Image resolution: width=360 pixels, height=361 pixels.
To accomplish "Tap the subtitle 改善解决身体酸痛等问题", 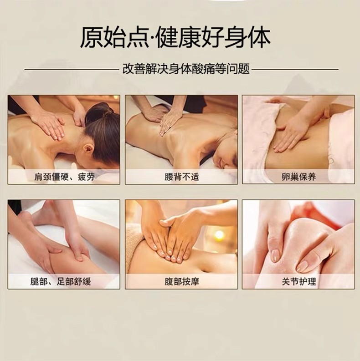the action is pyautogui.click(x=186, y=69).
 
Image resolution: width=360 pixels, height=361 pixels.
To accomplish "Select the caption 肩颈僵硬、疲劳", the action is pyautogui.click(x=64, y=177).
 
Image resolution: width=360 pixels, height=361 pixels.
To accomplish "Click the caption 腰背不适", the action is pyautogui.click(x=182, y=177).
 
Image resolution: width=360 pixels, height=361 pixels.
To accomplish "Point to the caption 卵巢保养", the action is pyautogui.click(x=298, y=177).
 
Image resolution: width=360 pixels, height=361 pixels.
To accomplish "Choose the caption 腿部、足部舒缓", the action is pyautogui.click(x=61, y=281).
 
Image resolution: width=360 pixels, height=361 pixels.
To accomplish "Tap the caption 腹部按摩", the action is pyautogui.click(x=182, y=281).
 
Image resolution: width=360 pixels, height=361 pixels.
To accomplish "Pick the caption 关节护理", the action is pyautogui.click(x=298, y=281).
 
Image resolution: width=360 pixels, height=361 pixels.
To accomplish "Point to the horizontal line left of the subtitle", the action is pyautogui.click(x=71, y=69).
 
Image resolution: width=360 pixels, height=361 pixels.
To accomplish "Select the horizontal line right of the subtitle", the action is pyautogui.click(x=295, y=69).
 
